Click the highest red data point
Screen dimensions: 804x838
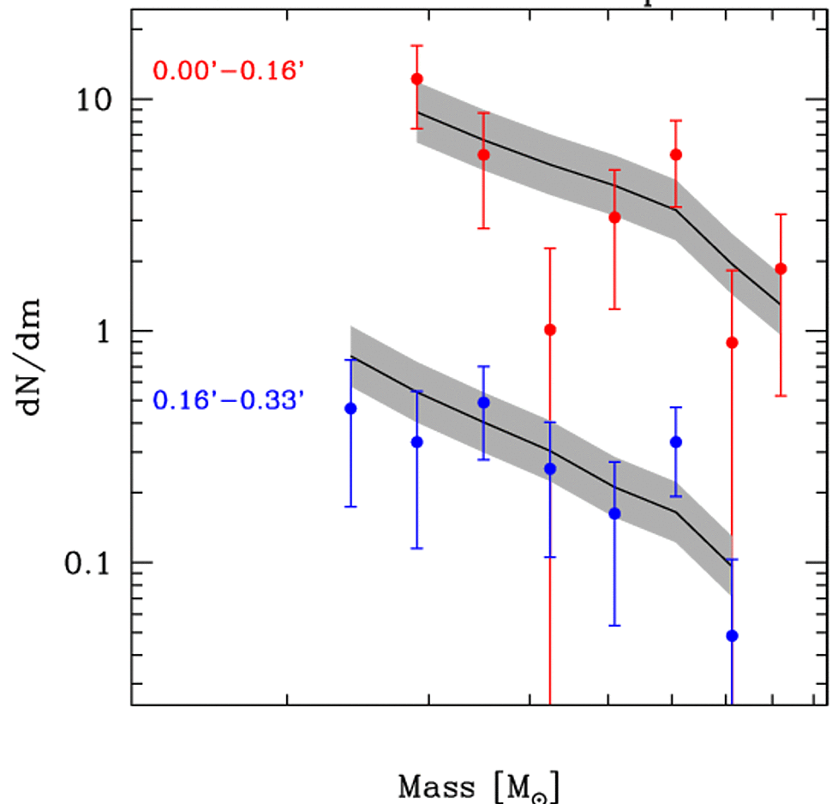pos(417,79)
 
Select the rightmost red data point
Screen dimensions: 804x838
pos(781,268)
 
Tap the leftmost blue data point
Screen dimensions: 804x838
pos(350,409)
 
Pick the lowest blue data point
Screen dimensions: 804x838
pos(732,635)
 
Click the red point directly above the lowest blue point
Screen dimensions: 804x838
pos(732,343)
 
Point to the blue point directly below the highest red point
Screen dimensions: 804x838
pos(417,441)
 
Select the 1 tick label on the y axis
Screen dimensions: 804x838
pos(103,332)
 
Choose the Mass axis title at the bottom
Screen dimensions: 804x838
pos(481,785)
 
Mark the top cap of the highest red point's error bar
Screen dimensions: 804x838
pos(417,45)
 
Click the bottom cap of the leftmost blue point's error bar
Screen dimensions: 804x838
pos(350,507)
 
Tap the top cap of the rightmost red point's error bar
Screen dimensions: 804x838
pos(781,214)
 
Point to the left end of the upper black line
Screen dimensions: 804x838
pos(417,112)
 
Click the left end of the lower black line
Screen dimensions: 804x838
pos(350,356)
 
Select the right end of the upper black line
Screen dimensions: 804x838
pos(781,303)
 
